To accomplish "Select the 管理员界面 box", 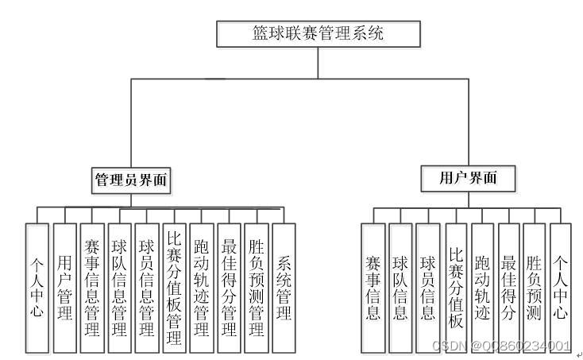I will tap(132, 180).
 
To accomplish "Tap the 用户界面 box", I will tap(468, 178).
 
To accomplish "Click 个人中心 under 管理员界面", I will tap(37, 287).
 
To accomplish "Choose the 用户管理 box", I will tap(64, 287).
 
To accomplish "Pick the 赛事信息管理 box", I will tap(91, 287).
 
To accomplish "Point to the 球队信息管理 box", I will tap(119, 287).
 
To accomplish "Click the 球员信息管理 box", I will tap(146, 287).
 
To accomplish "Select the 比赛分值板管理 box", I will tap(174, 287).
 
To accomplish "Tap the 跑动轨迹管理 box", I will tap(201, 287).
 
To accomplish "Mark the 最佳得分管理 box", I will tap(229, 287).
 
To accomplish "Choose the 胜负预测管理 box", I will tap(256, 287).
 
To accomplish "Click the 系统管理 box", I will tap(284, 287).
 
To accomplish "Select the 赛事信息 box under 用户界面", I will tap(373, 287).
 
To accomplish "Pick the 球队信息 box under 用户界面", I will tap(400, 287).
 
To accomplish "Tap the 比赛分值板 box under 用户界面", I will tap(456, 287).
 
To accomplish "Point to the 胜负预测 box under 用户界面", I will tap(534, 287).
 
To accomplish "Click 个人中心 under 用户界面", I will tap(561, 287).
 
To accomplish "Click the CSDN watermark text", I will tap(501, 346).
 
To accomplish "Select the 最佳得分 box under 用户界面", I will tap(508, 287).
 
